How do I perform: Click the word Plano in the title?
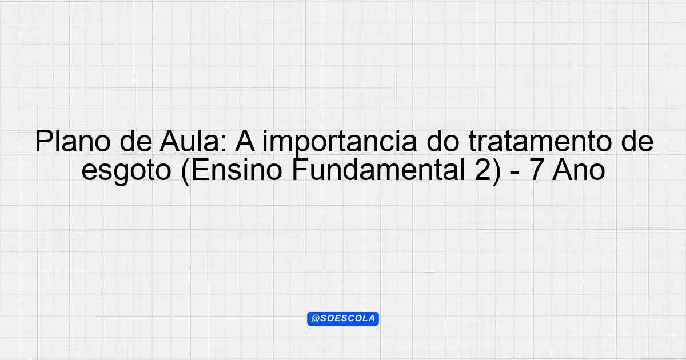(73, 142)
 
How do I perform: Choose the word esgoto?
(126, 172)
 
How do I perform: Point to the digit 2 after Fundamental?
(482, 170)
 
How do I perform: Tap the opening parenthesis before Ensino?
(185, 171)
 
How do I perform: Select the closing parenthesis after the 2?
(497, 171)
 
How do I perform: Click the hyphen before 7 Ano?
(515, 173)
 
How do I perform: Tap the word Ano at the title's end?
(579, 170)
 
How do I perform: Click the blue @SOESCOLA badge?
(343, 319)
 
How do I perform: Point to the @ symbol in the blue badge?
(315, 319)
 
